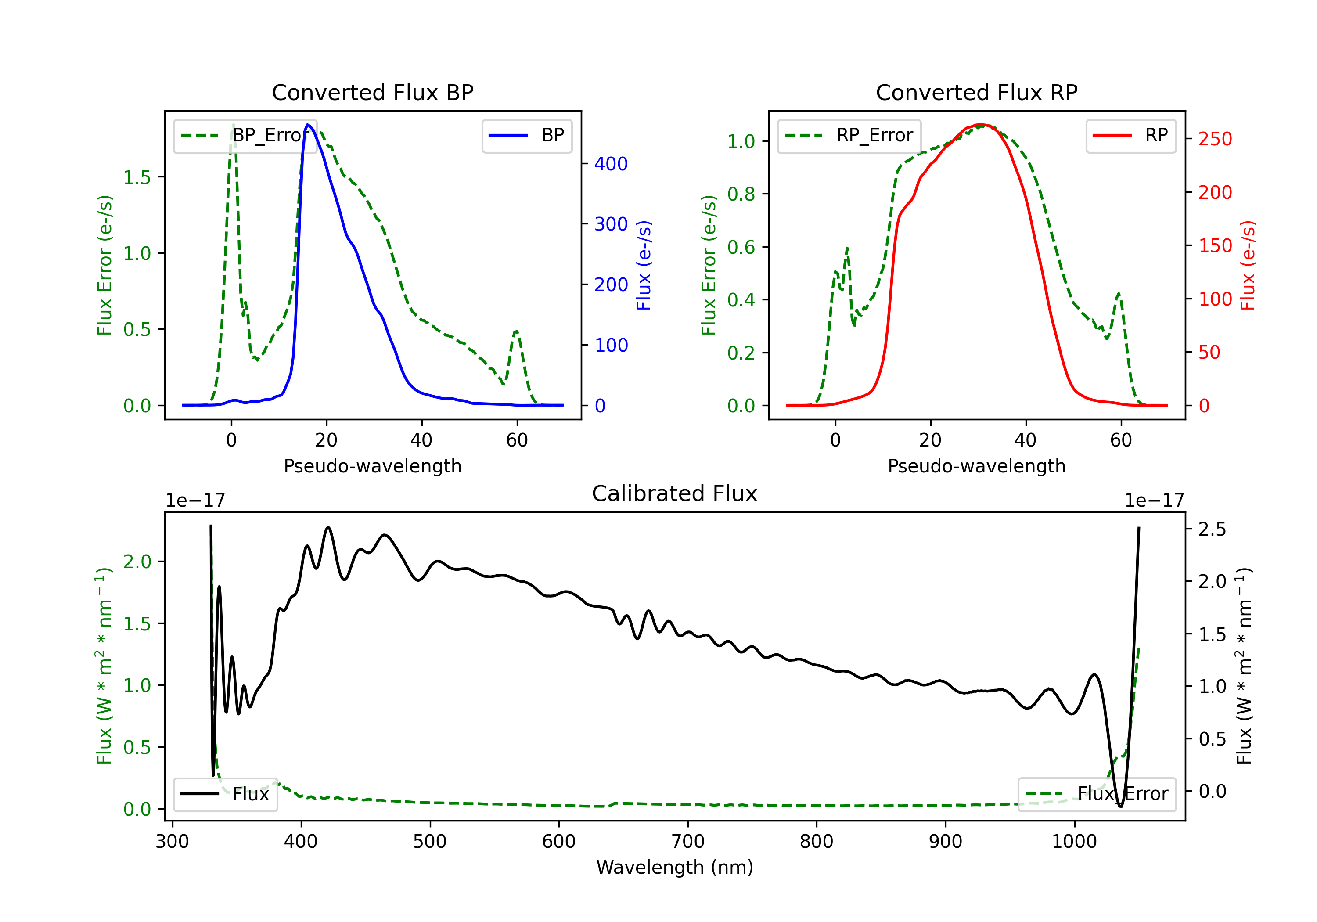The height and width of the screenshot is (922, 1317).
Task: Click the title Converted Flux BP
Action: point(372,92)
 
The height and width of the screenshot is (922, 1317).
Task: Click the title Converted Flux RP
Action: point(976,92)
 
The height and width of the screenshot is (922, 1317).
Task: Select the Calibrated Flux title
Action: point(675,493)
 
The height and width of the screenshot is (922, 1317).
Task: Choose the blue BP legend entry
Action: point(526,135)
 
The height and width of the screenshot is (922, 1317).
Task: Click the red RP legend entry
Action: point(1130,135)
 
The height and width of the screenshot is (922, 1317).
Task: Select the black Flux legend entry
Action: point(225,794)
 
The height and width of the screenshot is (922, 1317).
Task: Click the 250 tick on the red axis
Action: point(1215,139)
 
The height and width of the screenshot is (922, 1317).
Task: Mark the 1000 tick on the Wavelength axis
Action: point(1074,841)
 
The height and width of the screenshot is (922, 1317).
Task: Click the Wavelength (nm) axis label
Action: point(675,867)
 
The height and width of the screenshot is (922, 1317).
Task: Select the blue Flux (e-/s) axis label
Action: point(644,265)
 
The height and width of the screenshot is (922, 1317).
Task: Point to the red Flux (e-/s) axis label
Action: point(1248,265)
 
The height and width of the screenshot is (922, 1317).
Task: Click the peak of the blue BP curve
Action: point(308,125)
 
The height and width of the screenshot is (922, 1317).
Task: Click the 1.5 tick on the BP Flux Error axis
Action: point(137,177)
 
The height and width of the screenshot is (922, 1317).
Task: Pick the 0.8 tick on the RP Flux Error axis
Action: point(741,194)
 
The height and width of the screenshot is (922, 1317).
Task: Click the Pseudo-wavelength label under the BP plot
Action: point(372,466)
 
